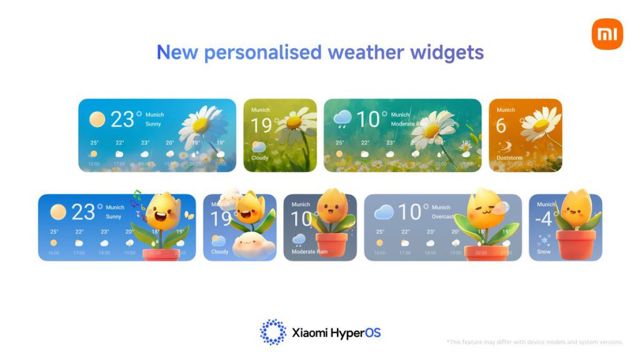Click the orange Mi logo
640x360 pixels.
607,34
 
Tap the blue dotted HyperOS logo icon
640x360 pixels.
272,332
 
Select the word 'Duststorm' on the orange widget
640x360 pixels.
510,158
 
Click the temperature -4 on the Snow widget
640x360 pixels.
544,219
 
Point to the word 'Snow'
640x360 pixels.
543,252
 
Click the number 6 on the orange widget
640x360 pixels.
501,126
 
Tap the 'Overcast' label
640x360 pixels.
444,216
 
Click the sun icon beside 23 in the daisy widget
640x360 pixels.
97,119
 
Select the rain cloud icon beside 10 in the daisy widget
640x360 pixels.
342,118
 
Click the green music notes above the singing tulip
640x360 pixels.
137,201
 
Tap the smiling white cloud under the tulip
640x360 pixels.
254,244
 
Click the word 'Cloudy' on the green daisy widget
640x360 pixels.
260,158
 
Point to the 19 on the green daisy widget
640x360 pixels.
262,126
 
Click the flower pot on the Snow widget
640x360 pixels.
576,244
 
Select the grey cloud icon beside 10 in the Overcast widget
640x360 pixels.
384,212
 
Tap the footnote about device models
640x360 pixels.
534,342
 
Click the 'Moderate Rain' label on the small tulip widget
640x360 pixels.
309,252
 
